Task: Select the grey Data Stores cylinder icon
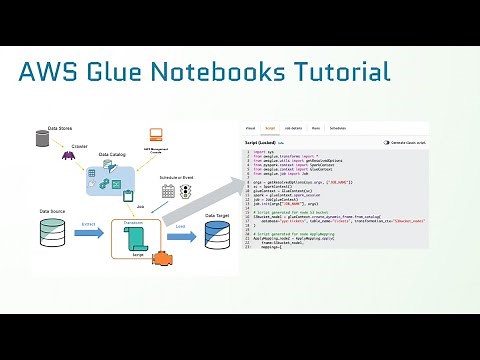43,139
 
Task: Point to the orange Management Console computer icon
155,134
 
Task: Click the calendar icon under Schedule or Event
168,190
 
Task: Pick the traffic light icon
185,190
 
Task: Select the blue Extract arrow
89,234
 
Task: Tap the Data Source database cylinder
51,234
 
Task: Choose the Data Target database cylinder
218,236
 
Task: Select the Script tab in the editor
269,129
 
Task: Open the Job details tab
292,129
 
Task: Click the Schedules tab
338,129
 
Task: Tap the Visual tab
250,129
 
